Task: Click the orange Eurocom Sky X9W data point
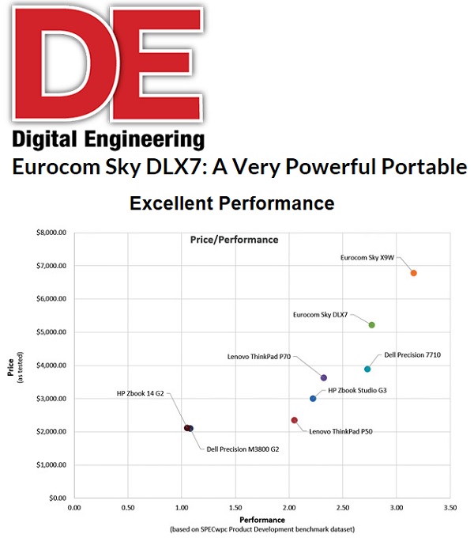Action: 413,273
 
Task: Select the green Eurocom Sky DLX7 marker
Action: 371,324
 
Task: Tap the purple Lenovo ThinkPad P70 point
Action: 323,377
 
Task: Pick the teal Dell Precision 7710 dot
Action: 367,369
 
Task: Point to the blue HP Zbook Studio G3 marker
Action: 313,398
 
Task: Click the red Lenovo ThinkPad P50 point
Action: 294,420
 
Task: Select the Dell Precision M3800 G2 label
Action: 243,449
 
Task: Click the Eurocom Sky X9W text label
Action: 367,257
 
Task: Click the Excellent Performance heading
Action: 231,203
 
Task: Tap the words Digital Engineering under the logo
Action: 107,139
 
